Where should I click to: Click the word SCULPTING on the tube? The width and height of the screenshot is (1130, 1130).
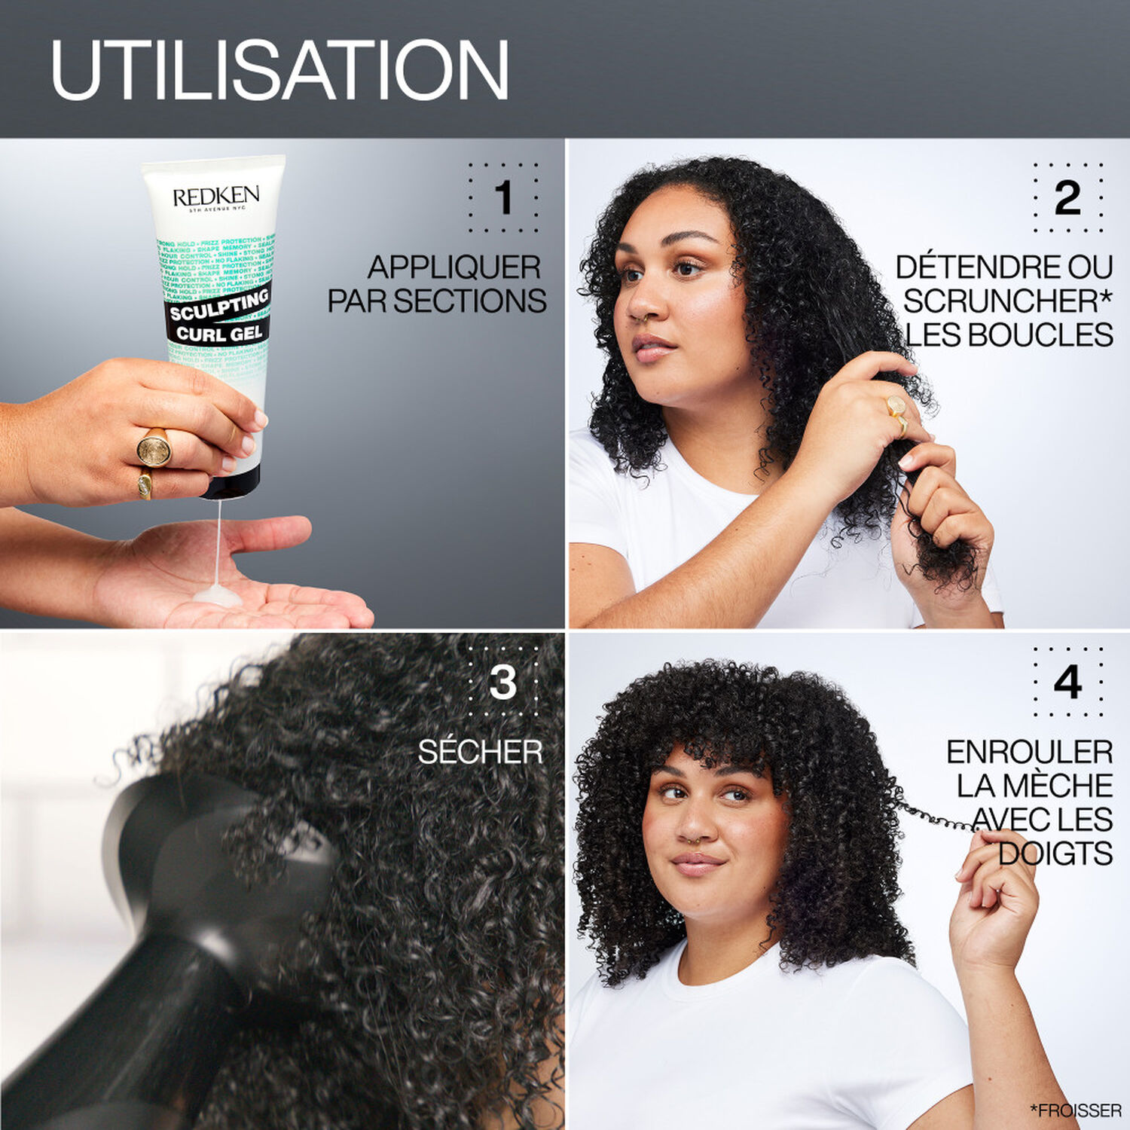[x=219, y=304]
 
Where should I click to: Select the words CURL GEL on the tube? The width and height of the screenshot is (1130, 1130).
[x=219, y=332]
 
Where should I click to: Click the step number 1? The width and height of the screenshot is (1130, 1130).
[x=503, y=198]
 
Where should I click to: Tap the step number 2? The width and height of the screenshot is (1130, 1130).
[x=1067, y=198]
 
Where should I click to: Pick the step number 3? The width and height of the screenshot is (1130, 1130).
[x=502, y=683]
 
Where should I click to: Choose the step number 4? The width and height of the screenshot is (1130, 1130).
[x=1067, y=683]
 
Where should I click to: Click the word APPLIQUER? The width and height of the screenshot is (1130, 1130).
[x=454, y=267]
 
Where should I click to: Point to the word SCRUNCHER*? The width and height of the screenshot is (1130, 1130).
[x=1007, y=301]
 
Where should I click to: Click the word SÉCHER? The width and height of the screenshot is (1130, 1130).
[x=480, y=752]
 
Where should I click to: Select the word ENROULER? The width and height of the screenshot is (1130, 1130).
[x=1029, y=752]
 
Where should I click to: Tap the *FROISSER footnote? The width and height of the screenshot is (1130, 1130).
[x=1075, y=1110]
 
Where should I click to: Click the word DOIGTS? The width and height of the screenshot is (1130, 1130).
[x=1055, y=854]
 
